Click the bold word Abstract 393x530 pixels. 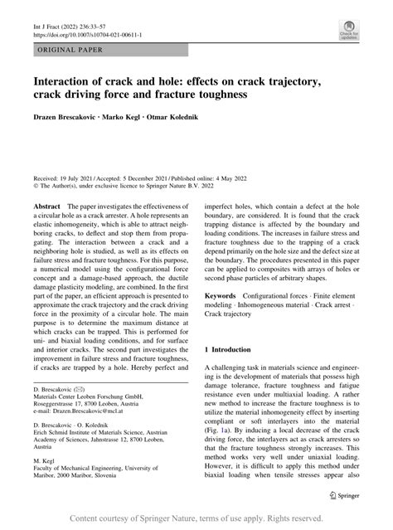[x=46, y=204]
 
